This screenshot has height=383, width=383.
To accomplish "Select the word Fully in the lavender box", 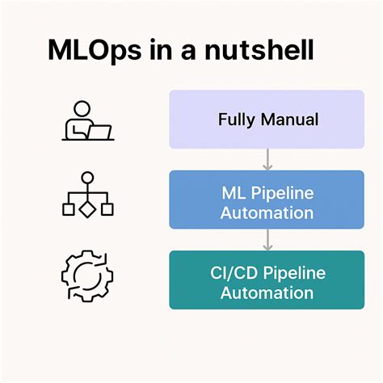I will pyautogui.click(x=238, y=120).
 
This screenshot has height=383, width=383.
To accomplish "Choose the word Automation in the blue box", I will pyautogui.click(x=267, y=213).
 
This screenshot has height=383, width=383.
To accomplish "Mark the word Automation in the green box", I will pyautogui.click(x=267, y=292).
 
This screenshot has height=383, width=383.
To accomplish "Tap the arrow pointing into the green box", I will pyautogui.click(x=267, y=239).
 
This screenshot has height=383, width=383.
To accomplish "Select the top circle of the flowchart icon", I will pyautogui.click(x=87, y=178).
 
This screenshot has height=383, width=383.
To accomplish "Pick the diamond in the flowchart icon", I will pyautogui.click(x=87, y=209).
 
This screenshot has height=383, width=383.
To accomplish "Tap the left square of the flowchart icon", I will pyautogui.click(x=69, y=209).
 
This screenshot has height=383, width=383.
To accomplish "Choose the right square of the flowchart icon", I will pyautogui.click(x=107, y=209).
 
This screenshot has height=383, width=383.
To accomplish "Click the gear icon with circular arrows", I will pyautogui.click(x=87, y=276).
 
